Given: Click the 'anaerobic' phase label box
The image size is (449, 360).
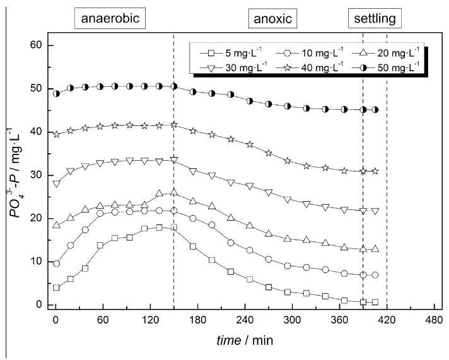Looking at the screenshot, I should tap(110, 18).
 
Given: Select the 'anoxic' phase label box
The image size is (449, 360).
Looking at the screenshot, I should tap(272, 18).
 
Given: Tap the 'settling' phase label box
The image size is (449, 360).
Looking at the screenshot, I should tap(374, 18).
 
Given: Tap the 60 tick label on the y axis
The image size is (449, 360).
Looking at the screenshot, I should tap(37, 45).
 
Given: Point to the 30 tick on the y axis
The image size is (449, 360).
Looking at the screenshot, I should tap(37, 175).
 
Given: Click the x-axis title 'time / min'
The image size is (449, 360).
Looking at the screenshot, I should tap(245, 340).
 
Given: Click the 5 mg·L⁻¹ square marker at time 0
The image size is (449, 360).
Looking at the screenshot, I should tap(56, 287).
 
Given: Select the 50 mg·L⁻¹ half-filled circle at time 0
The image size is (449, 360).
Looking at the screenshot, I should tap(56, 93).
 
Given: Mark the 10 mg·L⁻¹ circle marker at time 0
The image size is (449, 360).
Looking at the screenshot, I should tap(56, 264).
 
